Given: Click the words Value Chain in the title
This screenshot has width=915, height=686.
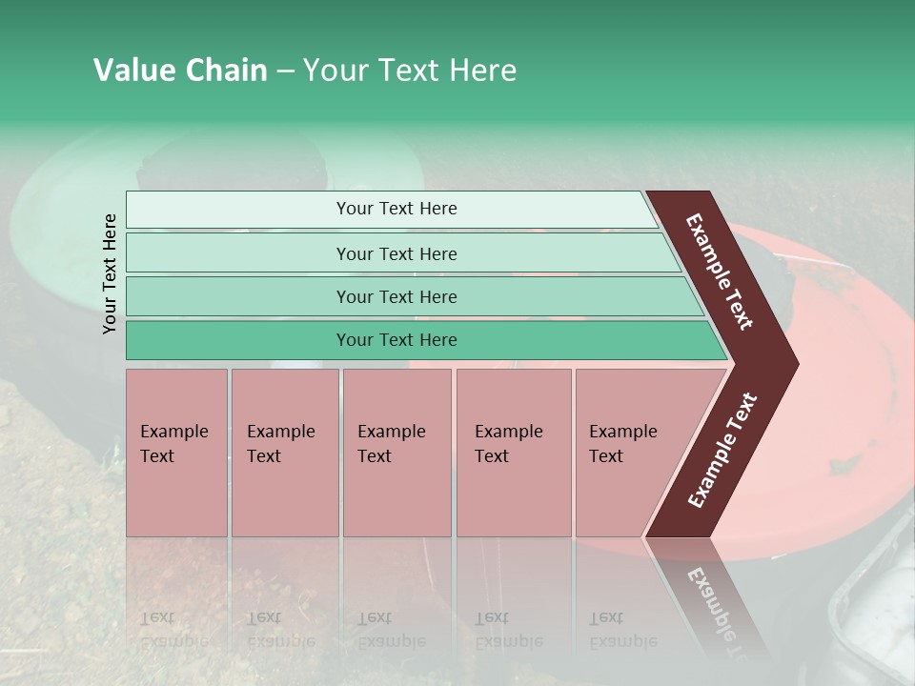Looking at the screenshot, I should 180,71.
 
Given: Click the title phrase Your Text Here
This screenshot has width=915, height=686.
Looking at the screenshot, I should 410,71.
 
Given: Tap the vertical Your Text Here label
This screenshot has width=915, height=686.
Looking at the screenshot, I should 110,273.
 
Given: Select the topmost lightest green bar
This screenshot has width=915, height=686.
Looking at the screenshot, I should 396,209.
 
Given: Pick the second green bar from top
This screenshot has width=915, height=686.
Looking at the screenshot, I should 396,253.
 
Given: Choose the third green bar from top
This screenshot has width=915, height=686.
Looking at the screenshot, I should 396,296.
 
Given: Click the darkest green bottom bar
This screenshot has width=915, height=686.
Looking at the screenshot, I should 396,340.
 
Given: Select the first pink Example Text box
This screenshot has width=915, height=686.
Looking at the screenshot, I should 176,453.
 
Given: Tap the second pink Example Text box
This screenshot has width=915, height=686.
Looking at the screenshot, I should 284,453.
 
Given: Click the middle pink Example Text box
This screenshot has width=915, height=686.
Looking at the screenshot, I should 396,453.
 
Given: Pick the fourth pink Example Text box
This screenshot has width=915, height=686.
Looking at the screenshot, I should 513,453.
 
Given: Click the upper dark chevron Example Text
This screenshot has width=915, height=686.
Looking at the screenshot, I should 721,272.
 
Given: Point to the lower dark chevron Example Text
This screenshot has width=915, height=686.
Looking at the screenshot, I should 722,451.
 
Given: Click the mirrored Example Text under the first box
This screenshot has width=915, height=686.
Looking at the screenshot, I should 174,630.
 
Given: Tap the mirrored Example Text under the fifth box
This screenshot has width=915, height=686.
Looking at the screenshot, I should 623,630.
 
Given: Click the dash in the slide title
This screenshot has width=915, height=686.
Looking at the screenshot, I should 284,71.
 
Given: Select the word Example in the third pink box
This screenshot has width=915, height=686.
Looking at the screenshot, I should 391,432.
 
